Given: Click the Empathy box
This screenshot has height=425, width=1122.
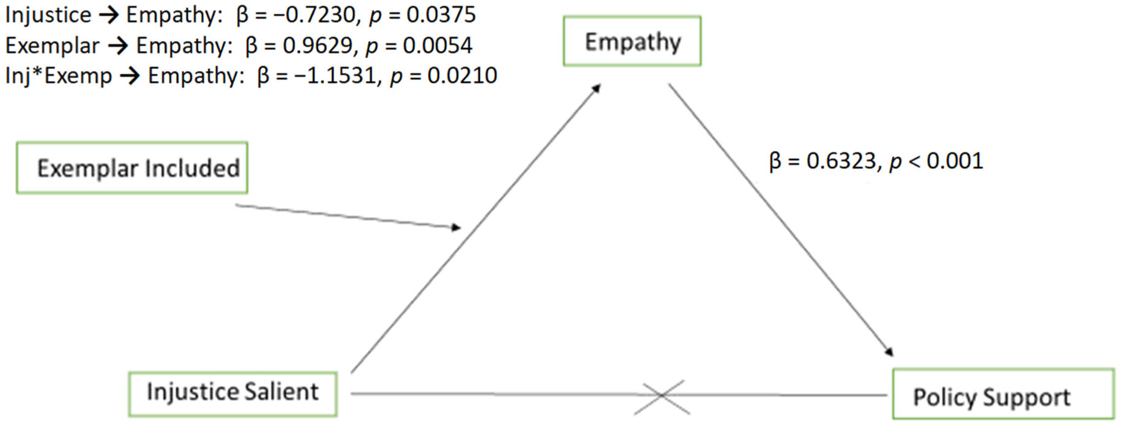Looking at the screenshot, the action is tap(632, 41).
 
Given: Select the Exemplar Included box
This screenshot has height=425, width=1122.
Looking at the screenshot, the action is tap(132, 167).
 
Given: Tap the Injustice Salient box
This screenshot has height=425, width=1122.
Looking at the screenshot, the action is tap(233, 394).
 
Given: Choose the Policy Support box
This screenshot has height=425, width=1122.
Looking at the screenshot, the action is tap(1003, 394).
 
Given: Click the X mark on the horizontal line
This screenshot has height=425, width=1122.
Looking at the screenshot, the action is tap(662, 396).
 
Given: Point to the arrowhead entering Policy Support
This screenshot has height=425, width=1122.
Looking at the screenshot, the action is tap(889, 351).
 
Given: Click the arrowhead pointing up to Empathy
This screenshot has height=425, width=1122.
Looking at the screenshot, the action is tap(595, 89).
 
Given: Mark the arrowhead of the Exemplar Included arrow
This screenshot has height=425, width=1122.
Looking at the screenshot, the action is tap(456, 228).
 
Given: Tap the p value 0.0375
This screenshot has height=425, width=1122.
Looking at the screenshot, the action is tap(441, 15).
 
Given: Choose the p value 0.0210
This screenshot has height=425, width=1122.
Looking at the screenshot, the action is tap(462, 75).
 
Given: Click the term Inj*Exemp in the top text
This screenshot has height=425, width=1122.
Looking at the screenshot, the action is tap(58, 76).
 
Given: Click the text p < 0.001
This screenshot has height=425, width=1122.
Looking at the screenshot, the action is tap(936, 161).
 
